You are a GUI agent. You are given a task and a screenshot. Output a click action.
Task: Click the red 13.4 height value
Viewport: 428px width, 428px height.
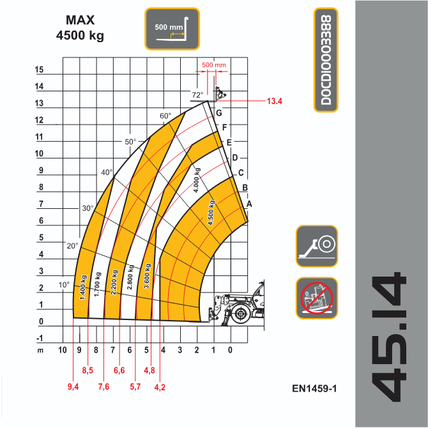(x=274, y=102)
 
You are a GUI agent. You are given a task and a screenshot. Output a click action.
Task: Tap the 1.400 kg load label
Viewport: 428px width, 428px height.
(x=83, y=287)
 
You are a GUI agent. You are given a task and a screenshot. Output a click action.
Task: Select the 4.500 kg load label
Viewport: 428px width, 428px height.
(x=211, y=213)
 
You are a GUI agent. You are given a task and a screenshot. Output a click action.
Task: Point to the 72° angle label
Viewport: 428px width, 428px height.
(x=197, y=95)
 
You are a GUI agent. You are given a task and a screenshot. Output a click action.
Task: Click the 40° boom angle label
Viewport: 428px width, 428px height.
(x=107, y=172)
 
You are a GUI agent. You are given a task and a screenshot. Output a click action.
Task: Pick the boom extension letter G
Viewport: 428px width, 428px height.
(x=219, y=113)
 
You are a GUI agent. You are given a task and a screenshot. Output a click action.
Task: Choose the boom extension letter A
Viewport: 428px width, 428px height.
(x=249, y=204)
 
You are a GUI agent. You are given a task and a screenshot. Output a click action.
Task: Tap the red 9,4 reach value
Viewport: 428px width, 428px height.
(x=73, y=386)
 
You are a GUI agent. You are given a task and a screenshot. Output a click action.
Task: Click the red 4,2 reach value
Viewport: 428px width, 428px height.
(x=160, y=387)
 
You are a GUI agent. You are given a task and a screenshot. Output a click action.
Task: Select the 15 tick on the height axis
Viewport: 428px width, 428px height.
(x=39, y=70)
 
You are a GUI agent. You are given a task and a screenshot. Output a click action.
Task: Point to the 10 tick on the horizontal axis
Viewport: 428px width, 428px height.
(x=63, y=350)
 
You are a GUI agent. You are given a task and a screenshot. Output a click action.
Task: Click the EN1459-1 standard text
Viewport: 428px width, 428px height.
(x=314, y=388)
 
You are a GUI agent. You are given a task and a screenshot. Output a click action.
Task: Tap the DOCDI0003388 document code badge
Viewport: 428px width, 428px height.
(x=326, y=60)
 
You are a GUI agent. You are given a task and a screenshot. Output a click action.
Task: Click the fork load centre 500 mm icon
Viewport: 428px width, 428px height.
(x=172, y=29)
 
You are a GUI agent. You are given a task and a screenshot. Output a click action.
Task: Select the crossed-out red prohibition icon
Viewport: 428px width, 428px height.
(x=317, y=298)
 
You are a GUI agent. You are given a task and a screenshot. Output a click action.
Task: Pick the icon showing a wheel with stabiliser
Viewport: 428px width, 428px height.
(x=317, y=246)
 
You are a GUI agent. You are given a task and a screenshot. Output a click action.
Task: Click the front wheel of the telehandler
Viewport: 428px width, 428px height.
(x=240, y=314)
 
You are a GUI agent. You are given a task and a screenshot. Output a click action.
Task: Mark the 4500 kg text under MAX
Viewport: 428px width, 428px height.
(x=80, y=36)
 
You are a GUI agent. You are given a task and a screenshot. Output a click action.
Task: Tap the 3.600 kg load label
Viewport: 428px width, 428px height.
(x=148, y=276)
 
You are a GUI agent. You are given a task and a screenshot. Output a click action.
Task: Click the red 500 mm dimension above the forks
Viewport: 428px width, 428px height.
(x=214, y=65)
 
